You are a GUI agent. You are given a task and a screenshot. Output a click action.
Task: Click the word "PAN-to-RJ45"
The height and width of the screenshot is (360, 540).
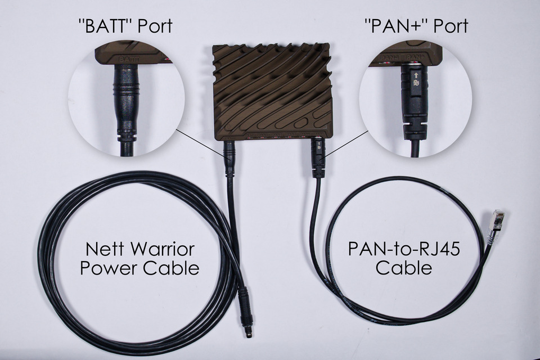click(x=403, y=249)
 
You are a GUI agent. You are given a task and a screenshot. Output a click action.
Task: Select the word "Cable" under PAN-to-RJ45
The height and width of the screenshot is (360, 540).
click(x=403, y=268)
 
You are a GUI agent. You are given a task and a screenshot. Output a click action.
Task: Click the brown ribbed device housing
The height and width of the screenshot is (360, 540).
click(x=273, y=90)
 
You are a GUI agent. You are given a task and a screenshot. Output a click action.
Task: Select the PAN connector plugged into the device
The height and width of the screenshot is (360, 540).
click(x=316, y=157)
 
